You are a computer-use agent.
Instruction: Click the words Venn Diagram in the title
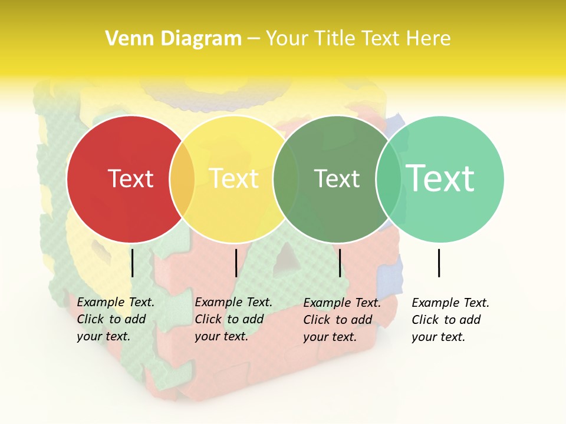click(x=173, y=39)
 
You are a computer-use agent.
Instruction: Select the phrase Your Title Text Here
click(x=358, y=39)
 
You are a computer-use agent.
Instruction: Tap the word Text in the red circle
click(x=130, y=178)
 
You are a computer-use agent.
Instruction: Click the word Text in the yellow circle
click(x=233, y=178)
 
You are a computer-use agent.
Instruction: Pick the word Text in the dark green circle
click(x=337, y=178)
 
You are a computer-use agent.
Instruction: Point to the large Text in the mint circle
click(x=440, y=178)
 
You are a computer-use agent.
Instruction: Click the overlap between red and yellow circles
click(x=182, y=179)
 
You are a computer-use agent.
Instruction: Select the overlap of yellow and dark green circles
click(x=285, y=179)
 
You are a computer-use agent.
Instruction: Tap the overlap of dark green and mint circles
click(x=389, y=179)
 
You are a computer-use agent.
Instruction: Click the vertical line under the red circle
click(x=133, y=263)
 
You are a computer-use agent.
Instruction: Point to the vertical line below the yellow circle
click(x=236, y=263)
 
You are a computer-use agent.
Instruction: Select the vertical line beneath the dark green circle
click(x=340, y=263)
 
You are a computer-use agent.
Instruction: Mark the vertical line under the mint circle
click(x=439, y=263)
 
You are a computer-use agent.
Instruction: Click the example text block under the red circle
click(x=115, y=319)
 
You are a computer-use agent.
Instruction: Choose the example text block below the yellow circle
click(x=233, y=319)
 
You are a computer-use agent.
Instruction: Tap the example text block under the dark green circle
click(x=341, y=320)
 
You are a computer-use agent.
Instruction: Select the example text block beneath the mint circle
click(x=450, y=320)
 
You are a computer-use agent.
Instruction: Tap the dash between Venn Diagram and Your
click(x=254, y=39)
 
